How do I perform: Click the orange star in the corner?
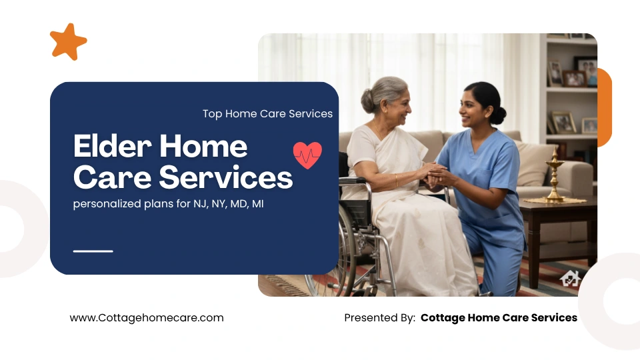[x=68, y=41]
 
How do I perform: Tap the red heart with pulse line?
[x=307, y=155]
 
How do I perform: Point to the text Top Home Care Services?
[x=267, y=114]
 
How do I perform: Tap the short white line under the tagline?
[x=93, y=251]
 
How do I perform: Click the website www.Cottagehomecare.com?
[x=147, y=318]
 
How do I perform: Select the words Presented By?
[x=379, y=318]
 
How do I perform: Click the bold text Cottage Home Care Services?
[x=499, y=318]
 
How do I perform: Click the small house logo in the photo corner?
[x=571, y=278]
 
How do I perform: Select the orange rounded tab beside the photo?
[x=605, y=107]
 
